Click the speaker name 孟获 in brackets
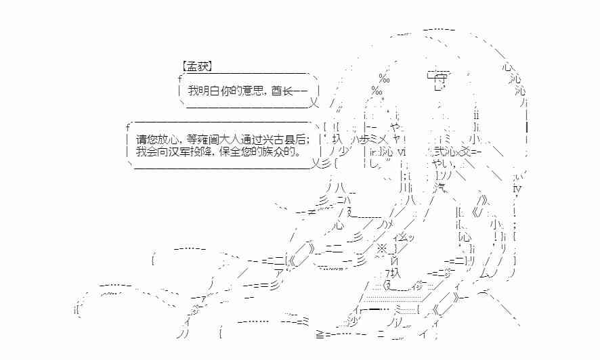pyautogui.click(x=197, y=66)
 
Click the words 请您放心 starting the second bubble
pyautogui.click(x=156, y=140)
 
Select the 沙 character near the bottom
pyautogui.click(x=353, y=321)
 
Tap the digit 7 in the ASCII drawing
pyautogui.click(x=388, y=273)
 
